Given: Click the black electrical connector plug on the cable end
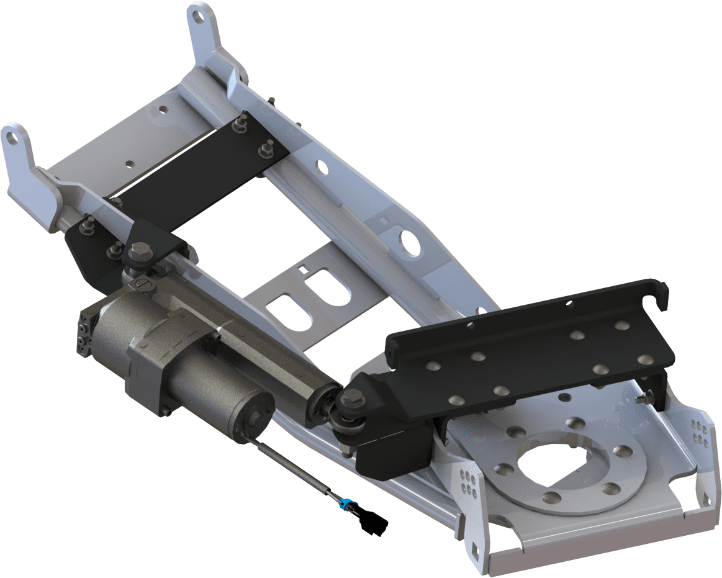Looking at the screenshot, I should click(375, 524).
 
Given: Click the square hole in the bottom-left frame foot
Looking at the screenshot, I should click(476, 548).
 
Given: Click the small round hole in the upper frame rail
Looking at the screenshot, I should click(322, 167).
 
